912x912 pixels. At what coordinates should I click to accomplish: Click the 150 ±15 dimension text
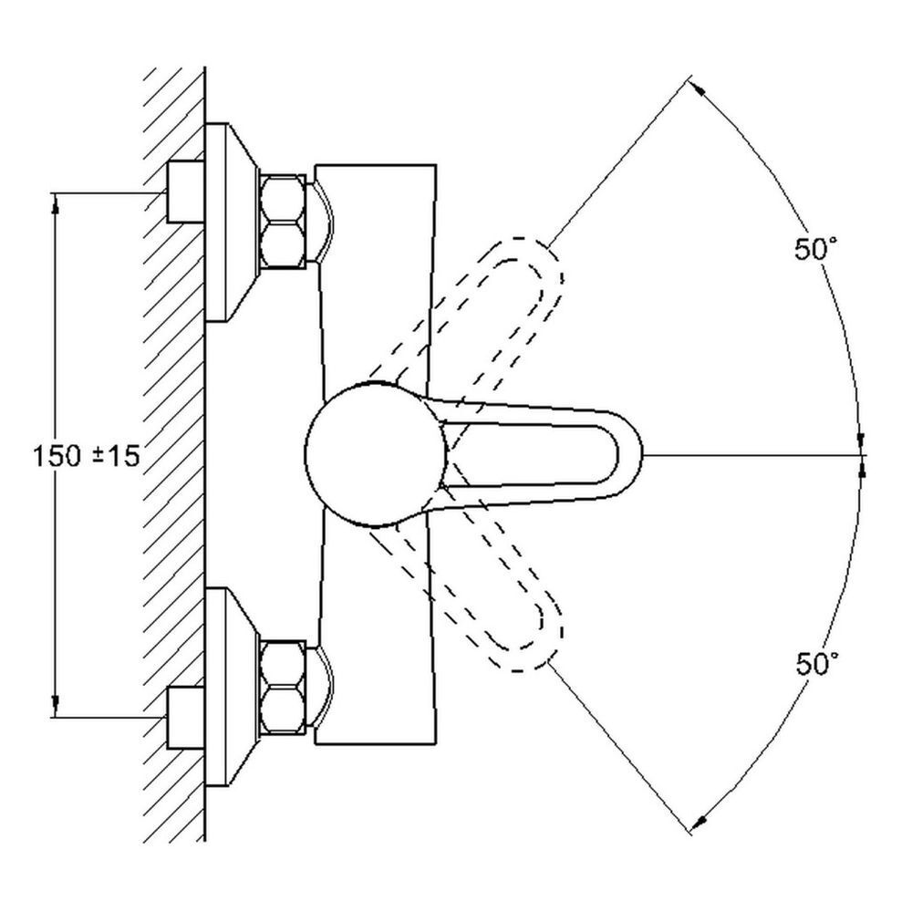tap(88, 456)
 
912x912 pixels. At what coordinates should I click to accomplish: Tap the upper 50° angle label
tap(814, 249)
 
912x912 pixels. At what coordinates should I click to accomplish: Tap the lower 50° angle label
tap(814, 663)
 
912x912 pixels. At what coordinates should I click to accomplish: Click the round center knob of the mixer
tap(375, 453)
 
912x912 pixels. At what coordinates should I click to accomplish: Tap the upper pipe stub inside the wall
tap(185, 192)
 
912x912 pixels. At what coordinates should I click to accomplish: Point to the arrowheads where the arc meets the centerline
tap(863, 454)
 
